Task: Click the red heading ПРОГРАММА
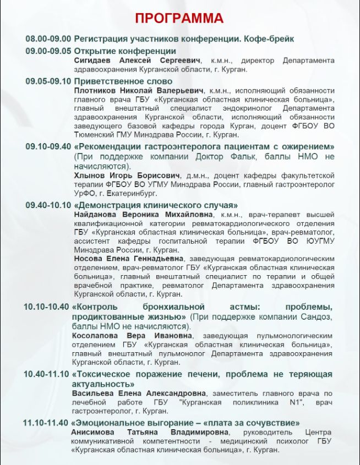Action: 179,18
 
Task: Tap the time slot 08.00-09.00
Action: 48,39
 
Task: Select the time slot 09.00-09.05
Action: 48,51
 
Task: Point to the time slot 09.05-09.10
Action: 48,81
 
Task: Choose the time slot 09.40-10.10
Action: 48,205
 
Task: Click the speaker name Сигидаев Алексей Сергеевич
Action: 137,60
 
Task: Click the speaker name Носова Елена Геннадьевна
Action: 129,259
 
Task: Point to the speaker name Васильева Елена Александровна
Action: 139,393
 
